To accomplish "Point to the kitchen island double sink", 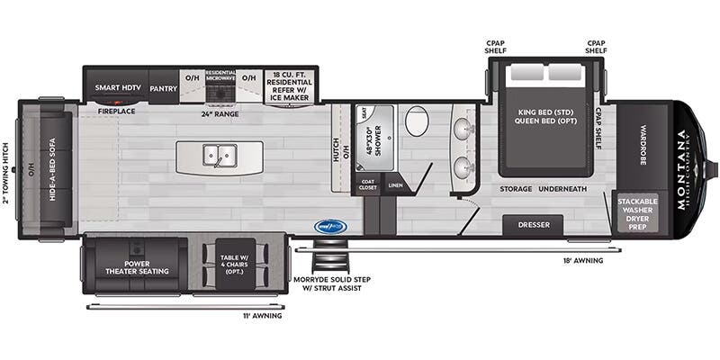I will pyautogui.click(x=218, y=158).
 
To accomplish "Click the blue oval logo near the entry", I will pyautogui.click(x=330, y=227).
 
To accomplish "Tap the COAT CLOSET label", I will pyautogui.click(x=367, y=185).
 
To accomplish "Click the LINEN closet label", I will pyautogui.click(x=395, y=185).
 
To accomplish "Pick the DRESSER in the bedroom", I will pyautogui.click(x=533, y=225).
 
